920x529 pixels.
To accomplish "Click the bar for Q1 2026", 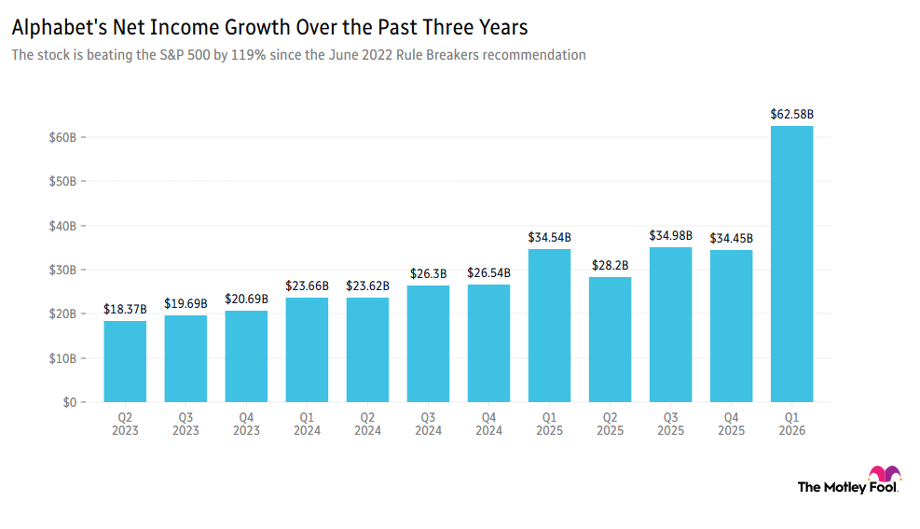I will (791, 264).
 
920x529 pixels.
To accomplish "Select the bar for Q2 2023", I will (125, 362).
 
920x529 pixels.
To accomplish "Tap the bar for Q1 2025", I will (549, 326).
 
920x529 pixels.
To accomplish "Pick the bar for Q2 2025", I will (610, 340).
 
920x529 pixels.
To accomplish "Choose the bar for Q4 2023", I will (246, 356).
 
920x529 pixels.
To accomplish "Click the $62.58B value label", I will (791, 115).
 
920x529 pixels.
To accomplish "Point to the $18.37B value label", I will (125, 309).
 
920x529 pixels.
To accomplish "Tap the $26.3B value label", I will (428, 273).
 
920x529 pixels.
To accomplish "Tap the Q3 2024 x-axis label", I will (428, 424).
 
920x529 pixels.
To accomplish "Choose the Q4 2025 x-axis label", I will (731, 424).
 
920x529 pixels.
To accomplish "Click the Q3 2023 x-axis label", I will (185, 424).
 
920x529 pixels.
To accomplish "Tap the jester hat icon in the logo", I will (884, 473).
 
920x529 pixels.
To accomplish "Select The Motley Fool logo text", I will (846, 487).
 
